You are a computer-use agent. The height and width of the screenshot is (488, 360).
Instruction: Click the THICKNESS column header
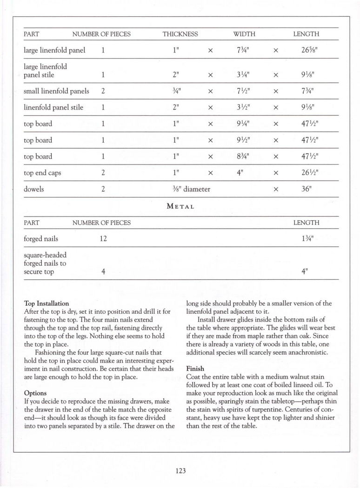[180, 34]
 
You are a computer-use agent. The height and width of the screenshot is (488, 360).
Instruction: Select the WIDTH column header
[244, 34]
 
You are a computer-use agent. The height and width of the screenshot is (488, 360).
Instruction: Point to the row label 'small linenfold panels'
[56, 91]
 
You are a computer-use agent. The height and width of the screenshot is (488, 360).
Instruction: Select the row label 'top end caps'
[42, 173]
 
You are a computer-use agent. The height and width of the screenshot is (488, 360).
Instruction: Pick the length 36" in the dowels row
[306, 189]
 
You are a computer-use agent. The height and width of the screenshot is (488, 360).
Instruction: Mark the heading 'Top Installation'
[46, 303]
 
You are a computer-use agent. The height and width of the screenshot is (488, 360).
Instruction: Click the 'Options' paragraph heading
[35, 393]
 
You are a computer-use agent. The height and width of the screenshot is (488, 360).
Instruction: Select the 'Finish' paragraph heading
[195, 369]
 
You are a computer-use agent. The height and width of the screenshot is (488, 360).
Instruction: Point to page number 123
[180, 470]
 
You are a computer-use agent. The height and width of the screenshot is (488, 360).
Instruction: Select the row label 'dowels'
[34, 189]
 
